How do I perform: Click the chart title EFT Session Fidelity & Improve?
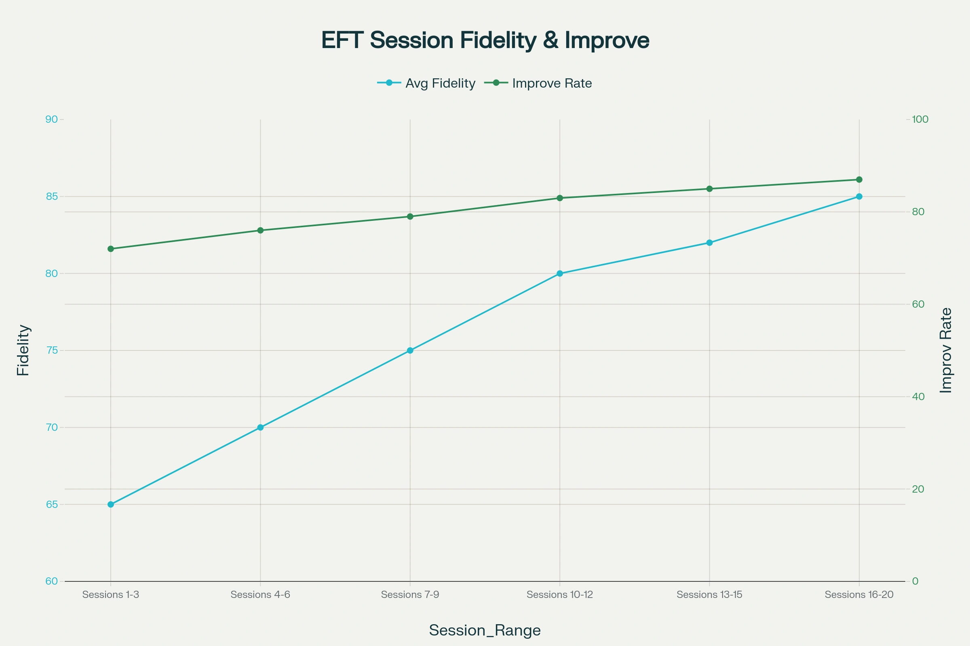tap(485, 40)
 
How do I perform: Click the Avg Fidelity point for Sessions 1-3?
tap(110, 504)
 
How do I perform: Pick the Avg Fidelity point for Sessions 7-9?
tap(410, 350)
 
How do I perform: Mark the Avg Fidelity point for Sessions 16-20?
tap(859, 197)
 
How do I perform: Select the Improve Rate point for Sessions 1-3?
tap(110, 249)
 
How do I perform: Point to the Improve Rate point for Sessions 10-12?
tap(560, 198)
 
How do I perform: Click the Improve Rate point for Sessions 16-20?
tap(859, 180)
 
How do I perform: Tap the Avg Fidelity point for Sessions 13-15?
tap(709, 243)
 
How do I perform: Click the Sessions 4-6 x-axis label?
tap(260, 594)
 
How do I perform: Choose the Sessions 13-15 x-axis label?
tap(709, 594)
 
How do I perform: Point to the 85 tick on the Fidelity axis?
tap(52, 197)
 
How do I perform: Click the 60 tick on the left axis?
tap(52, 581)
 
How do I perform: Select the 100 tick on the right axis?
tap(920, 120)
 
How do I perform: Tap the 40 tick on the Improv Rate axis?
tap(918, 397)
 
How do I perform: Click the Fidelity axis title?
tap(23, 350)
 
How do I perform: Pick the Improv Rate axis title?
tap(946, 350)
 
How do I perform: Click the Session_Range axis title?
tap(485, 630)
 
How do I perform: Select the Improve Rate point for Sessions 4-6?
tap(260, 230)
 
